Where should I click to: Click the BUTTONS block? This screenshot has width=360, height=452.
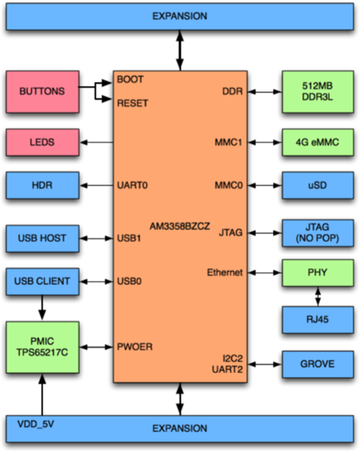pos(42,92)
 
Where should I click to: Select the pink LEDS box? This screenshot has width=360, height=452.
pos(42,142)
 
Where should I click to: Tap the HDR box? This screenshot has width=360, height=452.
pos(42,185)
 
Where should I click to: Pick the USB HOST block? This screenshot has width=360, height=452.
pos(42,238)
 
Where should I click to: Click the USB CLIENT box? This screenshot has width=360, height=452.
pos(42,281)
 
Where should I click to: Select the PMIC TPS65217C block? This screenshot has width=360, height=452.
pos(42,347)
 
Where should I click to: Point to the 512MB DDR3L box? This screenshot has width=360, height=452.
pos(318,92)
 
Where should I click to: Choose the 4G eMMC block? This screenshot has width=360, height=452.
pos(318,142)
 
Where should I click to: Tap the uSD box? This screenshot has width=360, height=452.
pos(318,185)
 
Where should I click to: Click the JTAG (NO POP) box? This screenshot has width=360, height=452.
pos(318,233)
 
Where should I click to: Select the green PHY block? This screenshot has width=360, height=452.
pos(318,272)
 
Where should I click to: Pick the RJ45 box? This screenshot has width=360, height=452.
pos(318,320)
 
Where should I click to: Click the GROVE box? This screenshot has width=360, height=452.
pos(318,364)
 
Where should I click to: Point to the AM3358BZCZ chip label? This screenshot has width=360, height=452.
pos(180,226)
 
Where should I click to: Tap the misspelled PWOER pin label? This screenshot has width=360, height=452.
pos(135,347)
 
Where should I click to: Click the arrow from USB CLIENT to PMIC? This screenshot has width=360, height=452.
pos(42,307)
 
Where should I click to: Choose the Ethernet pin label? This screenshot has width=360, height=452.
pos(225,272)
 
